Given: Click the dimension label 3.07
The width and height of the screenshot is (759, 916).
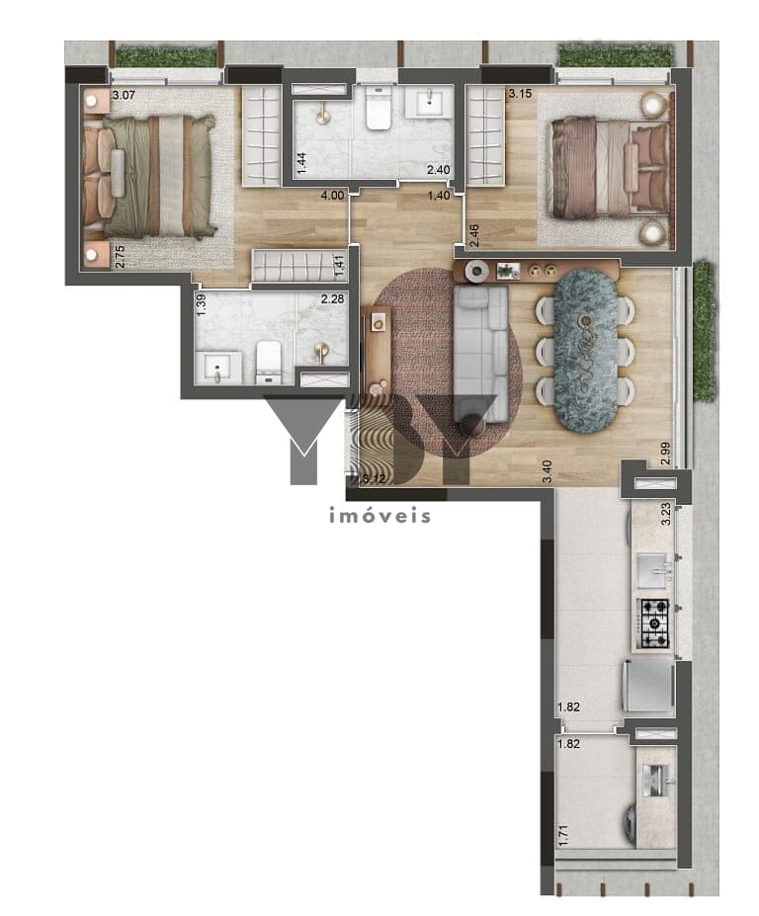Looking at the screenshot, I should (x=123, y=96).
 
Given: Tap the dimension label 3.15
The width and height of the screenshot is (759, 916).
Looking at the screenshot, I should (x=520, y=95).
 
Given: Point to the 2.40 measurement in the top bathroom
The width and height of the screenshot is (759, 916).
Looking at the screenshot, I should (x=438, y=171).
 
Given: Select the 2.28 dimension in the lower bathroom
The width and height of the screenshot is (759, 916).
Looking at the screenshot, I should (x=331, y=299).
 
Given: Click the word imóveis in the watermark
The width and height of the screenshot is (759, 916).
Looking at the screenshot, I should (x=379, y=516).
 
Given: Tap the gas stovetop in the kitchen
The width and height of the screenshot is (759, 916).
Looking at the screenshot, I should (x=653, y=620).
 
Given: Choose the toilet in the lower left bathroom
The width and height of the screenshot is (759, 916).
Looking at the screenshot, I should (x=268, y=361).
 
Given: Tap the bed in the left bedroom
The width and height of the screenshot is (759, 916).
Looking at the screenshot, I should (x=158, y=175).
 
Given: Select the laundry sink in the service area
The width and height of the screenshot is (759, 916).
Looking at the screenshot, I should (x=655, y=778).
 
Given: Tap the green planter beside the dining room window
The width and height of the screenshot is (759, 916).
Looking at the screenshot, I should (x=704, y=331).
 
